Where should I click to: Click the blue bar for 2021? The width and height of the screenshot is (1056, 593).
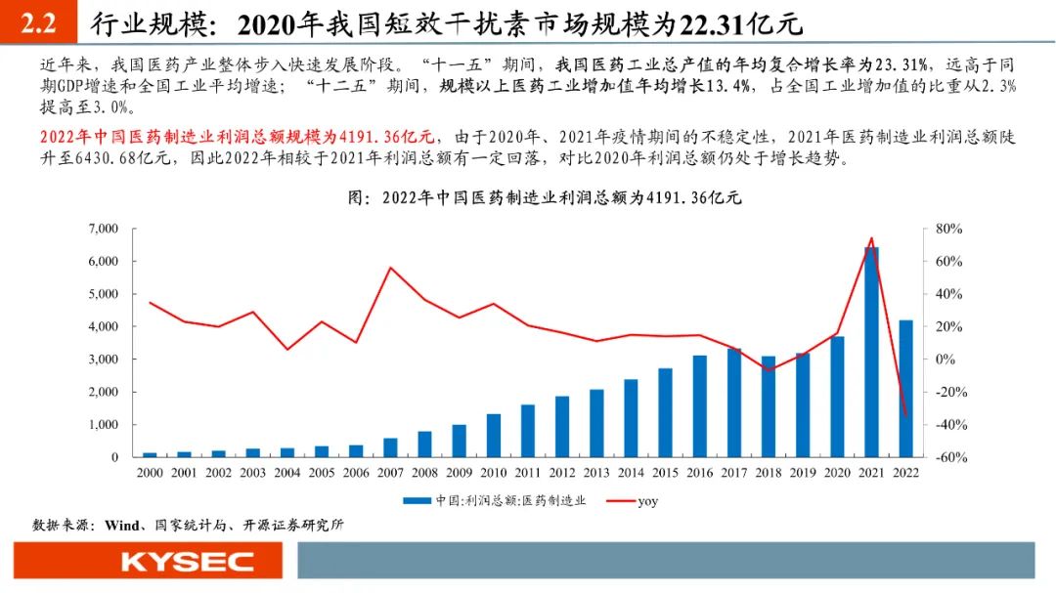coord(871,352)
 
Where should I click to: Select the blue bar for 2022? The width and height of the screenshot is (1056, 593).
coord(906,388)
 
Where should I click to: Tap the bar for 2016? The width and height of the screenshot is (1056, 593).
coord(699,405)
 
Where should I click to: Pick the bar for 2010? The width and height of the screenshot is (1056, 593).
coord(494,435)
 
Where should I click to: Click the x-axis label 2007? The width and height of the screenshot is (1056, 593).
coord(390,472)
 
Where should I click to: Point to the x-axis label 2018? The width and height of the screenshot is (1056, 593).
coord(768,472)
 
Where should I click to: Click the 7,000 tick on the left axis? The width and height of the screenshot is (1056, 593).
coord(103,229)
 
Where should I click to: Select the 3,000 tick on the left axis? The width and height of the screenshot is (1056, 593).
coord(103,360)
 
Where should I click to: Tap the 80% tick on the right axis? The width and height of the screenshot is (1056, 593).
coord(948,229)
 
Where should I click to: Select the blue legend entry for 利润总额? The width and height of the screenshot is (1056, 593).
coord(499,500)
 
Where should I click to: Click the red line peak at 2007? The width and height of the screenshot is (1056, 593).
coord(390,268)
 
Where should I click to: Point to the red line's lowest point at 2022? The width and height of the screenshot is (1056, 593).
coord(906,417)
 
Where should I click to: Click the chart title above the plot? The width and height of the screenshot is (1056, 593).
coord(545,197)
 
